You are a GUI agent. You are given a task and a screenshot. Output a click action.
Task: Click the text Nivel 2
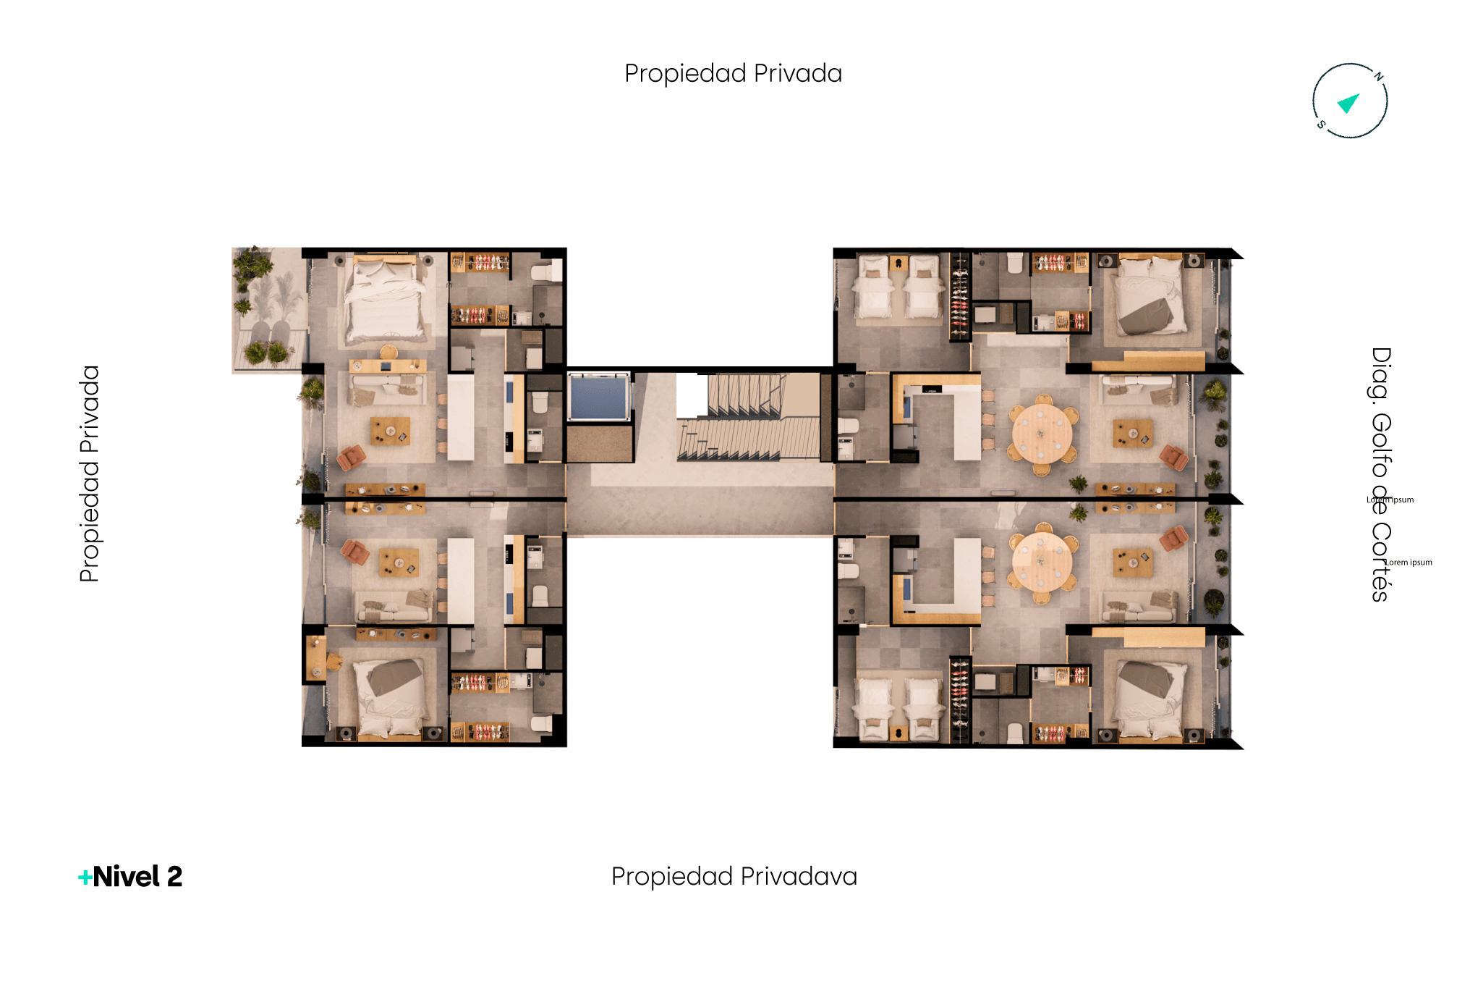137,877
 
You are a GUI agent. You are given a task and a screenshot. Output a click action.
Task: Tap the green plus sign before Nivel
85,877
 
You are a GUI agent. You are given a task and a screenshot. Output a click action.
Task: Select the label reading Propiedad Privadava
734,877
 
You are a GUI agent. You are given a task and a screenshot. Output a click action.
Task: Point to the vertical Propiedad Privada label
90,473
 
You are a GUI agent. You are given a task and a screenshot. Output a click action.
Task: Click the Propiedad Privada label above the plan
734,73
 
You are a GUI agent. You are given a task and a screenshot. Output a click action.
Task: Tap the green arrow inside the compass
1348,104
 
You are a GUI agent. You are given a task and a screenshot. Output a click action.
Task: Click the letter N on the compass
1379,76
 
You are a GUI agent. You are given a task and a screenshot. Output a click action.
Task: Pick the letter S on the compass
1321,125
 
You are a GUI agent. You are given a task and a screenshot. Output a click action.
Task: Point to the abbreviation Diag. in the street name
1381,374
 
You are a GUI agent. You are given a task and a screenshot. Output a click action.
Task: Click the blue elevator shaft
599,397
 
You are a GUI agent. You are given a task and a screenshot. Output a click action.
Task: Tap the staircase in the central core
749,418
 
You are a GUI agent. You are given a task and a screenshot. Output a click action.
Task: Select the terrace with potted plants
267,310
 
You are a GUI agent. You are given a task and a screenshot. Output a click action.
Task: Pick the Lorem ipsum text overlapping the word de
1390,500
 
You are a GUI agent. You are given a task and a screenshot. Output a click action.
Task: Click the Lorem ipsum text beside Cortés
1409,562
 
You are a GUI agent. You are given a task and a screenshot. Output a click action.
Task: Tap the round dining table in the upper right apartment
1042,434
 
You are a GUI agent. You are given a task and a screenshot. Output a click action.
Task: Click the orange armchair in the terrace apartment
352,458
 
